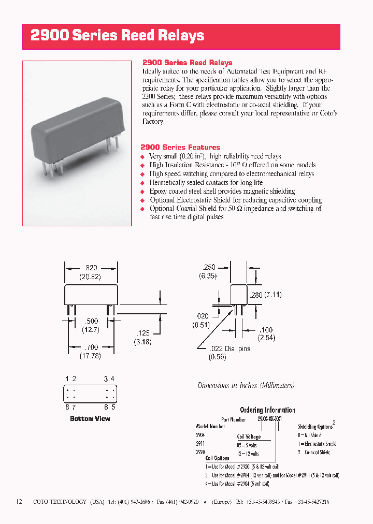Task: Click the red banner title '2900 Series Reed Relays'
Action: (x=118, y=36)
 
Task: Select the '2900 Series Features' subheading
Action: (x=180, y=148)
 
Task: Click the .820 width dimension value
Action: (x=90, y=268)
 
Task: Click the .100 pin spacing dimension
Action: (x=266, y=330)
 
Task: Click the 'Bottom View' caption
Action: (x=90, y=418)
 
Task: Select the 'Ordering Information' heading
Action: (x=267, y=410)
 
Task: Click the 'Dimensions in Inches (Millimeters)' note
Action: (x=246, y=385)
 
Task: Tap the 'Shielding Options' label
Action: (x=315, y=427)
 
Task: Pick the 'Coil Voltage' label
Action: (x=249, y=437)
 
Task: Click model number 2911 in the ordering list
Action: (x=200, y=444)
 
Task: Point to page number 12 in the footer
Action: (x=19, y=502)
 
